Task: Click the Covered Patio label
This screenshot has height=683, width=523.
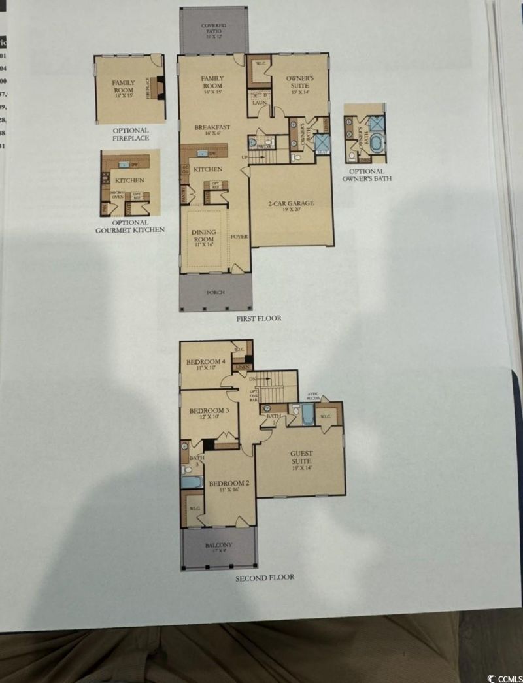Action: coord(213,29)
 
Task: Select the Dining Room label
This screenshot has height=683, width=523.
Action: coord(203,236)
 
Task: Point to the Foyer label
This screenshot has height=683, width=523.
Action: coord(239,236)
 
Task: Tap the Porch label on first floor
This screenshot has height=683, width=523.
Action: coord(215,292)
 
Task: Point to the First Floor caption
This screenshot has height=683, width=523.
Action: coord(259,318)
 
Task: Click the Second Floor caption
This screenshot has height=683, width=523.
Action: coord(265,577)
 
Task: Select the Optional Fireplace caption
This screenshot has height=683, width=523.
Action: coord(130,135)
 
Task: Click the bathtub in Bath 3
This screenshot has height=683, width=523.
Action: coord(192,482)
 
